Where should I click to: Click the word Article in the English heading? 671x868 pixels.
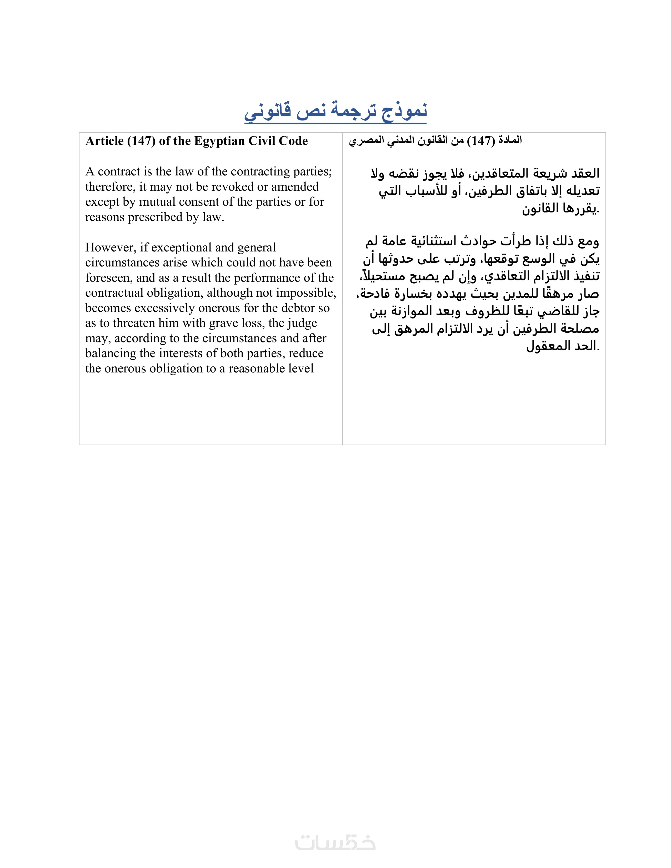(x=104, y=141)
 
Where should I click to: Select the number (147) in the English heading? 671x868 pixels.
(x=141, y=141)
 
